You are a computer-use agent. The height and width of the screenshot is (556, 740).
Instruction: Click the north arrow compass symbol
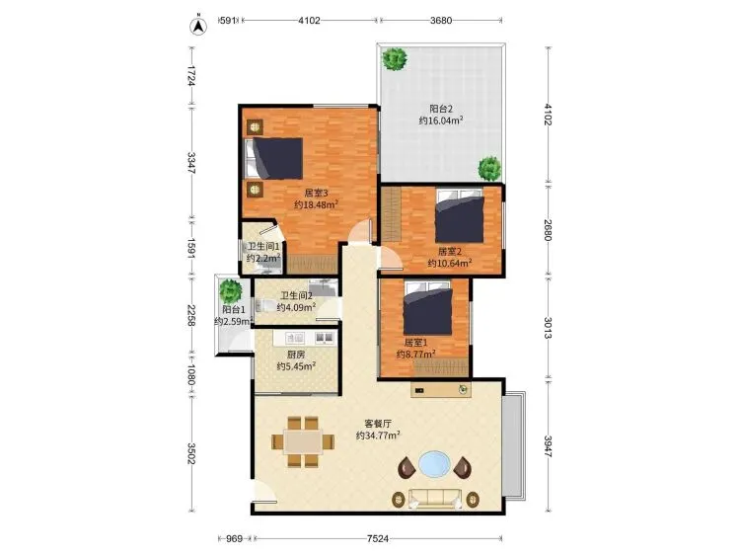(x=198, y=26)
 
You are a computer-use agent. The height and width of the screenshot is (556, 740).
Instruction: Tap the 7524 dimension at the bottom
(x=378, y=538)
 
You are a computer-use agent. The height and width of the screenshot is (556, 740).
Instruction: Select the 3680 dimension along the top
(x=441, y=21)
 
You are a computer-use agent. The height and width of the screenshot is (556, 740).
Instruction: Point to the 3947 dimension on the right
(x=548, y=446)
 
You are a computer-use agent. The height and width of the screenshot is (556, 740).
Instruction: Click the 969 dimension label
(x=234, y=538)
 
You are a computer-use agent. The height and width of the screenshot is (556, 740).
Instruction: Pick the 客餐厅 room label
(x=379, y=424)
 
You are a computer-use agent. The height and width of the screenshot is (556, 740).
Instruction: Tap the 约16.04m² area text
(x=441, y=120)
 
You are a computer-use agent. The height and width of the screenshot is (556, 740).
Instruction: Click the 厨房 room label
(x=296, y=355)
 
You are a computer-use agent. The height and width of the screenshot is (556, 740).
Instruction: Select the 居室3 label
(x=316, y=193)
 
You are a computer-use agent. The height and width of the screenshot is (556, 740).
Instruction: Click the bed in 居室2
(x=460, y=216)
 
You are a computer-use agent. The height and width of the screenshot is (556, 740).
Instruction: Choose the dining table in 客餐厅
(x=303, y=441)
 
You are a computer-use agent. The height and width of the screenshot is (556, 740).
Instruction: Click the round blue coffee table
(x=435, y=464)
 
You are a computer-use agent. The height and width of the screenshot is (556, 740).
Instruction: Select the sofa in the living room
(x=435, y=499)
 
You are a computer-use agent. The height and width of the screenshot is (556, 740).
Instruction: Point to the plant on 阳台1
(x=231, y=291)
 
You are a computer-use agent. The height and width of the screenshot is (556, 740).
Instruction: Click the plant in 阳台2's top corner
(x=395, y=59)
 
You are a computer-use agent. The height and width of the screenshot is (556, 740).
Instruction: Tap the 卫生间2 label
(x=296, y=296)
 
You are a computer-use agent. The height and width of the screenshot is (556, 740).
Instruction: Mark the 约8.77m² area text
(x=415, y=354)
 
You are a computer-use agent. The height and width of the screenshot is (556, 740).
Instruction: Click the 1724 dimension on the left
(x=191, y=76)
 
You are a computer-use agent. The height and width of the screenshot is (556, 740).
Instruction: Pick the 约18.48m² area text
(x=316, y=205)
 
